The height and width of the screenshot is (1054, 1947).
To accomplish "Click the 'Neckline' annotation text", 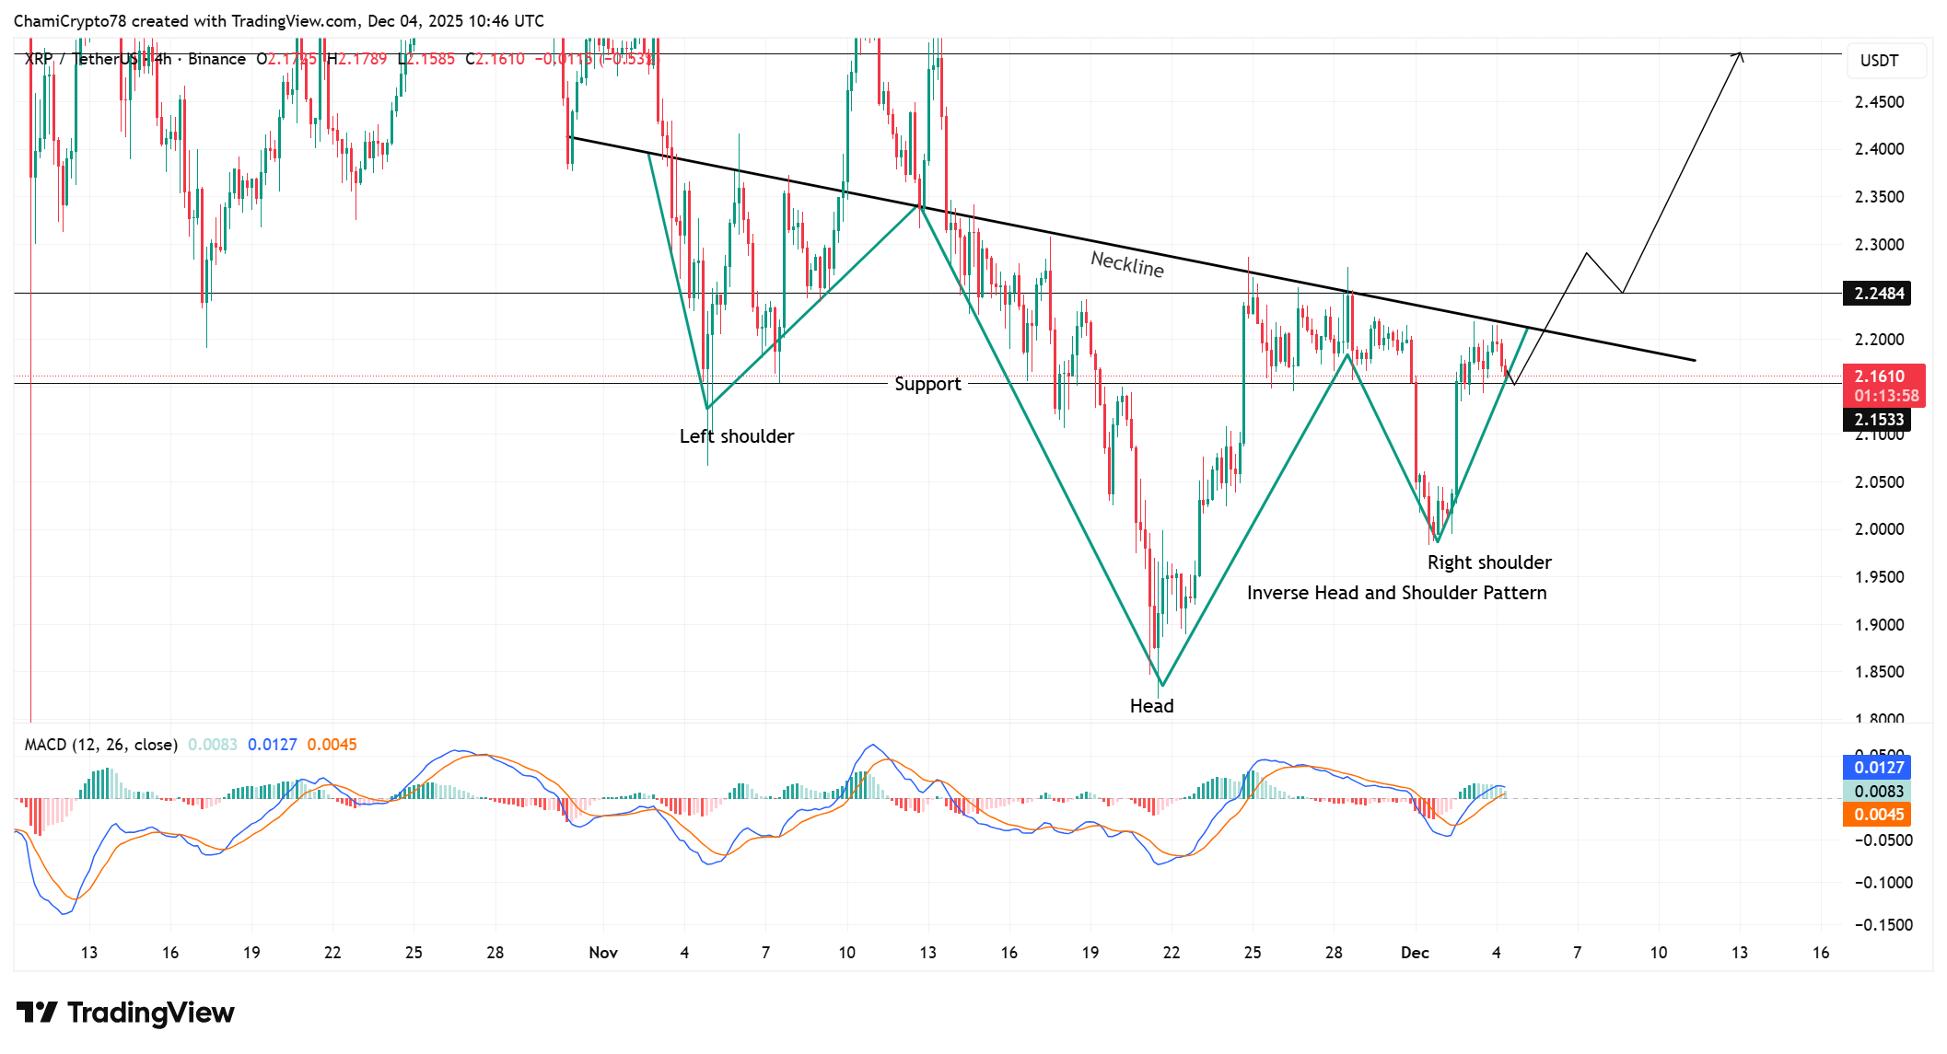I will click(1127, 264).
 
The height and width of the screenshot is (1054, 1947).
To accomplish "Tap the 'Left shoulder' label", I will click(737, 436).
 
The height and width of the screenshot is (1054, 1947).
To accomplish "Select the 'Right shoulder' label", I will click(1489, 562).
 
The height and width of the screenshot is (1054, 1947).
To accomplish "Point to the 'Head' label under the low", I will click(1151, 706).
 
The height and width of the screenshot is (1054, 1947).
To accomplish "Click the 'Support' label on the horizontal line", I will click(927, 384).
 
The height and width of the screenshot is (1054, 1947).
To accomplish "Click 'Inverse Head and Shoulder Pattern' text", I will click(1396, 593).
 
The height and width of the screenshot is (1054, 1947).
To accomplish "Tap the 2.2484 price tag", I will click(1879, 294).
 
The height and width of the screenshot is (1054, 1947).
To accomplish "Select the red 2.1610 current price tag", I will click(1880, 376).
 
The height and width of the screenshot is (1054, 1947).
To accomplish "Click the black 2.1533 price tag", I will click(1879, 420).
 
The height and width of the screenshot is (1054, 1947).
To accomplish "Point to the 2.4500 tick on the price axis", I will click(1879, 102).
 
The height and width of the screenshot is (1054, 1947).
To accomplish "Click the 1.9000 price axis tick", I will click(1879, 625).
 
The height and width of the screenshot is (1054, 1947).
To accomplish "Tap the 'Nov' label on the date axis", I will click(603, 953).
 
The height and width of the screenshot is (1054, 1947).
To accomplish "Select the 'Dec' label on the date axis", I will click(1415, 953).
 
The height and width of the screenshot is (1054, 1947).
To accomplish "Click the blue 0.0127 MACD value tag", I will click(1879, 768).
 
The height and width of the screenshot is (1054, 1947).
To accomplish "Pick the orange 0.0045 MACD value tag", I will click(1879, 815).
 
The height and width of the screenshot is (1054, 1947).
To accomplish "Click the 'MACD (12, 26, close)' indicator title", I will click(100, 745).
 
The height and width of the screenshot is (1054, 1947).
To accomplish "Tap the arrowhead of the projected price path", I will click(1739, 55).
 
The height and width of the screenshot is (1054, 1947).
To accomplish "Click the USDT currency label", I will click(1879, 61).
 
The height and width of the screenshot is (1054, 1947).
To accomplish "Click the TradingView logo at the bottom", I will click(125, 1013).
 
